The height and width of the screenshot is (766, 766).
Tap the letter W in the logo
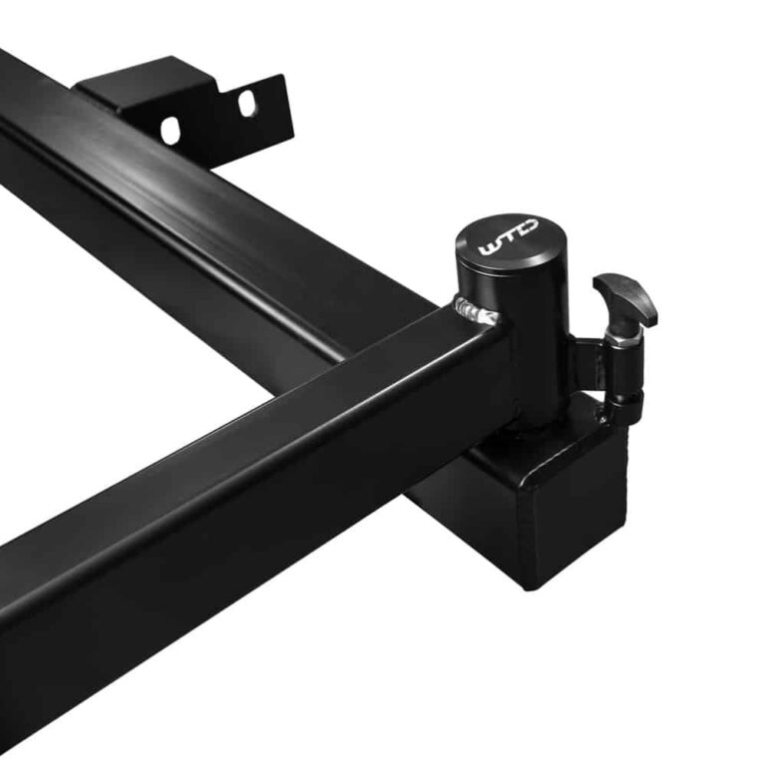pos(490,248)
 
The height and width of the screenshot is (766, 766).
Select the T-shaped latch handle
pos(626,299)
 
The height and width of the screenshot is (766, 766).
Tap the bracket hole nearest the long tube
pos(170,130)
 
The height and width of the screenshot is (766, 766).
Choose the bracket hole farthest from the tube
pos(246,103)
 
